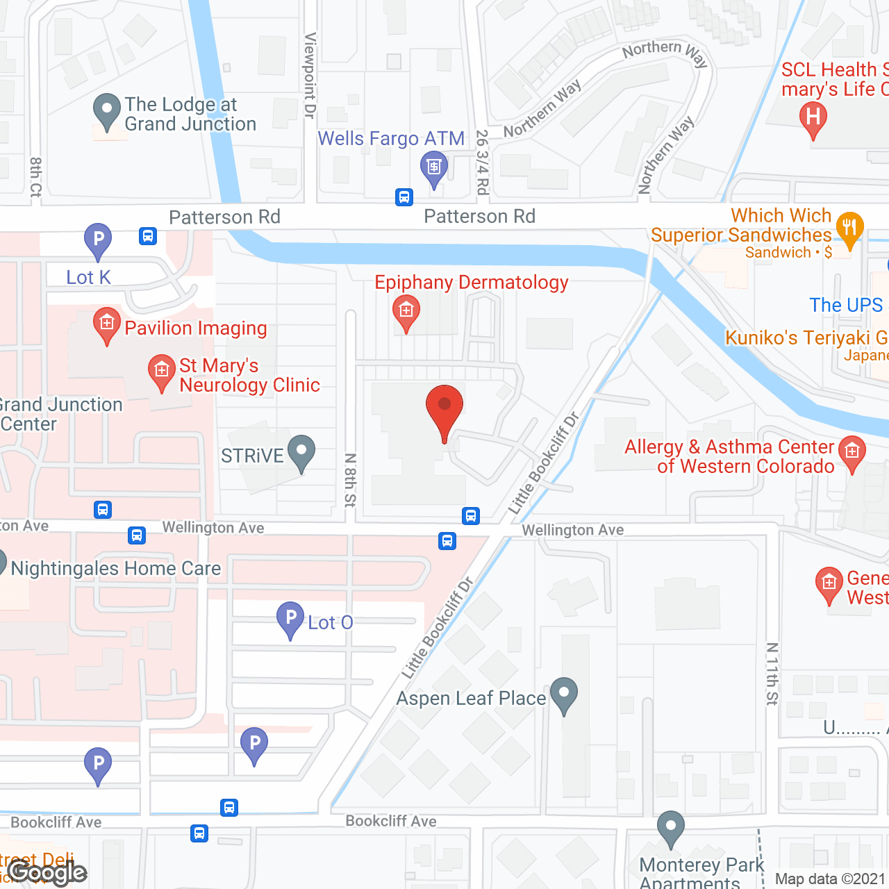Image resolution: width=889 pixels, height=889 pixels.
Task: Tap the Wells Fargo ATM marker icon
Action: [434, 167]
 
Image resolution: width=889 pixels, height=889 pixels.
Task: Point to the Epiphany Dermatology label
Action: [471, 283]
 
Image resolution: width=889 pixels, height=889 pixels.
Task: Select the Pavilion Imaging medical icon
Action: [106, 324]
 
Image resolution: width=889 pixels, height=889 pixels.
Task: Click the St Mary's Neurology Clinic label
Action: [249, 375]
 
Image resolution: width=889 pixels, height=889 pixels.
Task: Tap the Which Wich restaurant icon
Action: [849, 228]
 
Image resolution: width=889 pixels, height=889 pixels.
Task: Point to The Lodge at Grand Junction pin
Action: [106, 110]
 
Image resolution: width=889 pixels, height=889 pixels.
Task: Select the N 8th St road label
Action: [350, 479]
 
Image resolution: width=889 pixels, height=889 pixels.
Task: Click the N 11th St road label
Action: [772, 674]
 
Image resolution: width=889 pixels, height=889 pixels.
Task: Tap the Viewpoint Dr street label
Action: [310, 75]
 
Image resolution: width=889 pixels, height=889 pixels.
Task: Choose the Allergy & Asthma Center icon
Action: [851, 451]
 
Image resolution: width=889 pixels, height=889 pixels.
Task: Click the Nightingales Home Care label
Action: [116, 569]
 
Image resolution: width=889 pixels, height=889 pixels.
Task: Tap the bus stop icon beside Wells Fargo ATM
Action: [404, 197]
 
